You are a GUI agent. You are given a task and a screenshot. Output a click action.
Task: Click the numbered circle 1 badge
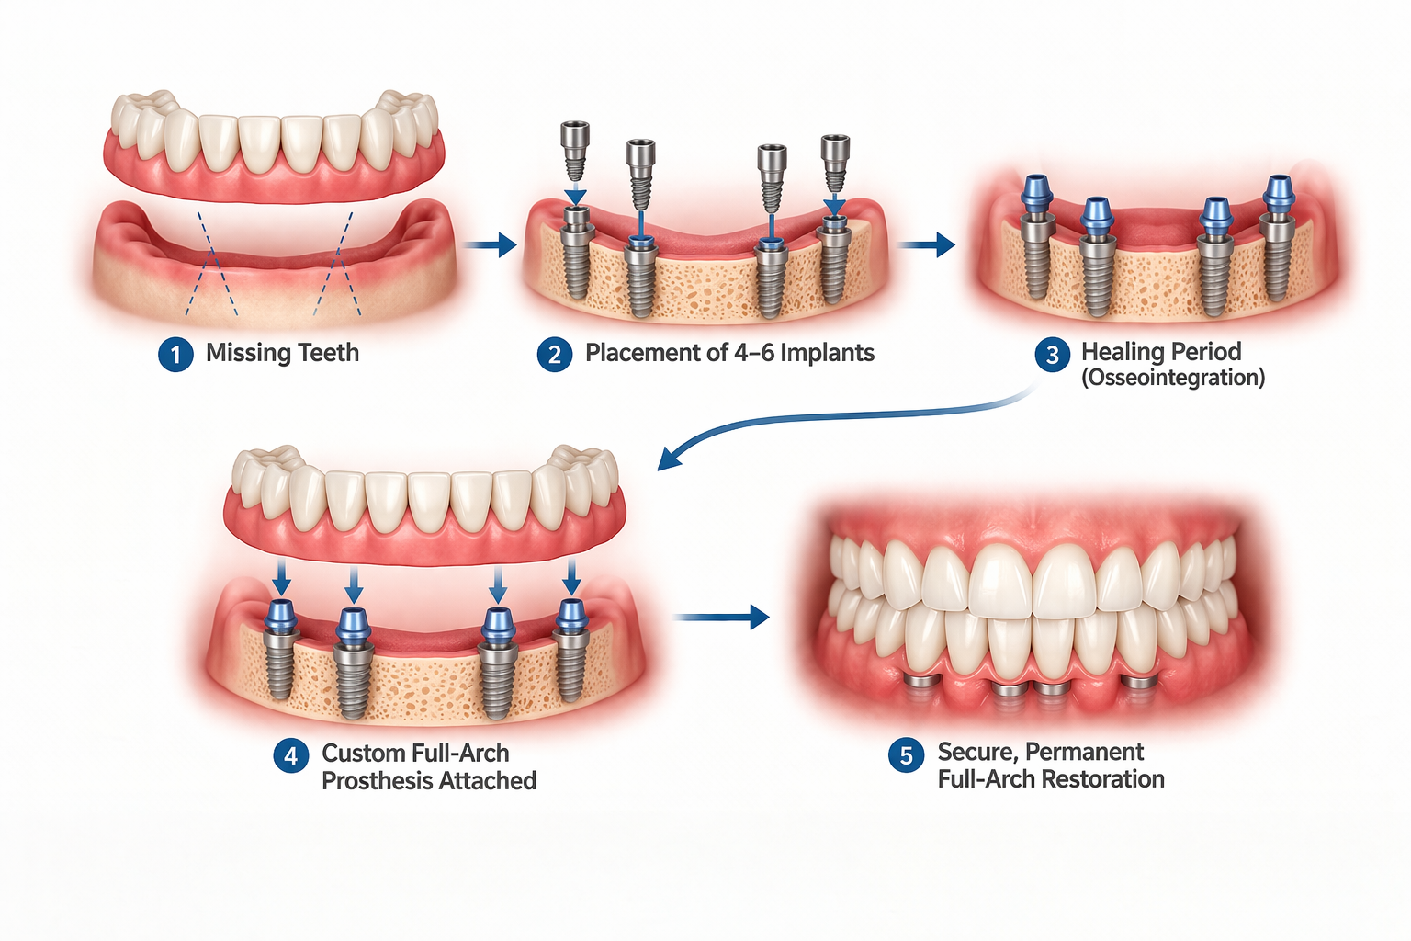tap(175, 354)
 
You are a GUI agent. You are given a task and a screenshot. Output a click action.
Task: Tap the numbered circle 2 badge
tap(555, 354)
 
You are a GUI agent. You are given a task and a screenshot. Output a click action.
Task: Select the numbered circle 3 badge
tap(1053, 354)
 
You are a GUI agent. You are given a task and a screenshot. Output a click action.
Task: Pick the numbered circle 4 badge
tap(291, 755)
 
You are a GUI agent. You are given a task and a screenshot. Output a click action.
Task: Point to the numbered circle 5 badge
tap(906, 754)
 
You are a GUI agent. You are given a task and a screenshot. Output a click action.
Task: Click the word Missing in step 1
tap(242, 353)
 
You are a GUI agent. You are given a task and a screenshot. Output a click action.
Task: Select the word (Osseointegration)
tap(1173, 378)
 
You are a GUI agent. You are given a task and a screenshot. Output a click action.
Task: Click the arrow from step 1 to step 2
tap(490, 244)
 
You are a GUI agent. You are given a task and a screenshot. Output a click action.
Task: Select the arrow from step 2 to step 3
tap(926, 244)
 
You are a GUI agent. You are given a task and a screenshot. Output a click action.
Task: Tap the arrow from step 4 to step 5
tap(722, 617)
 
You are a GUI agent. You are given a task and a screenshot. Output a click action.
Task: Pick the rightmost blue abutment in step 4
tap(571, 617)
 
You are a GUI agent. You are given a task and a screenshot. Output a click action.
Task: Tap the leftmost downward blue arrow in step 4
tap(281, 579)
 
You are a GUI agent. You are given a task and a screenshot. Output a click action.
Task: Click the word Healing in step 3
tap(1121, 352)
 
